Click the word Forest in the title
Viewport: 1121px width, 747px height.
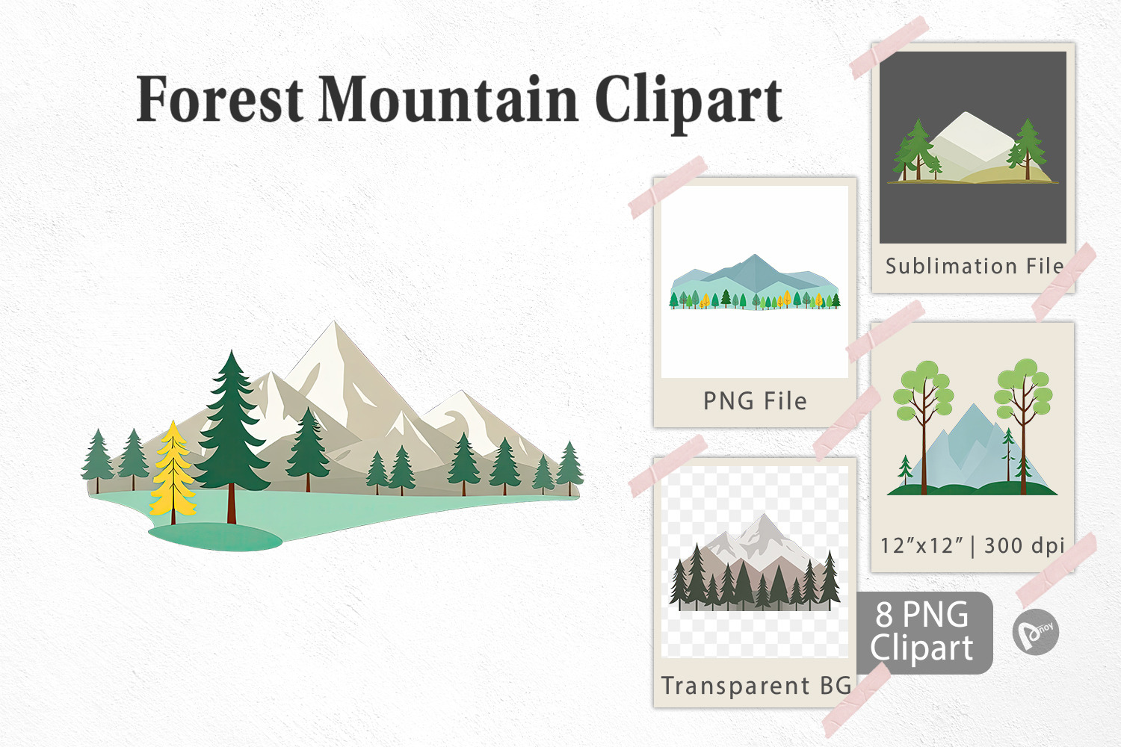[x=220, y=99]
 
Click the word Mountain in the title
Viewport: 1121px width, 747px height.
[x=449, y=99]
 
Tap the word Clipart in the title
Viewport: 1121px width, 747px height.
[x=688, y=102]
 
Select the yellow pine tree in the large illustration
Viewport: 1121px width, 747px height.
[x=173, y=471]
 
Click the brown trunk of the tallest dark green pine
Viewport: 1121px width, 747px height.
[x=231, y=504]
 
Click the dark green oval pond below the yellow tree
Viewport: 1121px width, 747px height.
[x=215, y=537]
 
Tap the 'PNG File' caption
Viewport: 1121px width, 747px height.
[x=755, y=401]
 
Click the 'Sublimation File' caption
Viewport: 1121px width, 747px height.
[x=974, y=266]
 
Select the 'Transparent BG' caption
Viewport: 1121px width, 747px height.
[x=756, y=686]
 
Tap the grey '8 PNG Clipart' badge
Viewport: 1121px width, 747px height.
[x=924, y=633]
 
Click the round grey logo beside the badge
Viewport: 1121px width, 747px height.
[x=1035, y=632]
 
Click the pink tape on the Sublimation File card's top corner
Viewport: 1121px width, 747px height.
[x=889, y=47]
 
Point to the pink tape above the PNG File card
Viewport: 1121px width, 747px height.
[x=667, y=187]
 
